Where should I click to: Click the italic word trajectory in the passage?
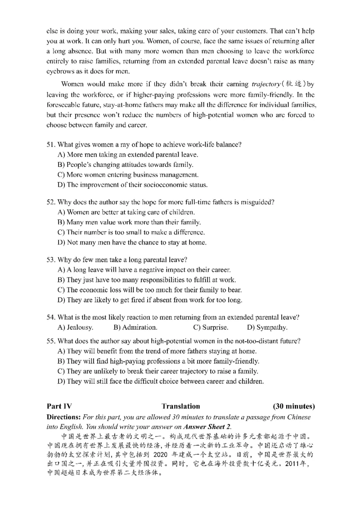click(254, 84)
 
